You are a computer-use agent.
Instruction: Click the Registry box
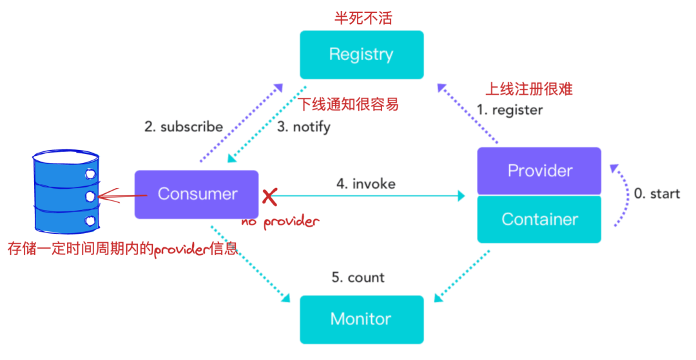click(x=362, y=54)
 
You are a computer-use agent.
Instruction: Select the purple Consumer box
click(x=197, y=194)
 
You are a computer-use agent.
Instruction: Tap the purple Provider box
click(x=539, y=171)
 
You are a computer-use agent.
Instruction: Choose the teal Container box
click(x=539, y=219)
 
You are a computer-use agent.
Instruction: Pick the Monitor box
click(x=362, y=319)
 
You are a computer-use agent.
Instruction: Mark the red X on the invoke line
click(x=268, y=196)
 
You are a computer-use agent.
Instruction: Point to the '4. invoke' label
click(x=365, y=184)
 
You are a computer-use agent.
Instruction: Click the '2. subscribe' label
click(x=184, y=126)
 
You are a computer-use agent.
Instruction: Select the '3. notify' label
click(x=304, y=127)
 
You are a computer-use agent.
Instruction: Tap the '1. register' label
click(x=509, y=109)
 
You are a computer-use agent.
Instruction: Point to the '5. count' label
click(x=358, y=278)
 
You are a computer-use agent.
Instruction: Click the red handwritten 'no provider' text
click(x=280, y=222)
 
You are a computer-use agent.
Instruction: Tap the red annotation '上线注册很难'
click(x=528, y=89)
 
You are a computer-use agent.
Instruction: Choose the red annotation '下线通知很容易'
click(x=348, y=104)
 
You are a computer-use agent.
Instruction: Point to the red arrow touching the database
click(x=116, y=193)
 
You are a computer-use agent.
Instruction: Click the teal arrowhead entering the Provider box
click(x=461, y=194)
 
